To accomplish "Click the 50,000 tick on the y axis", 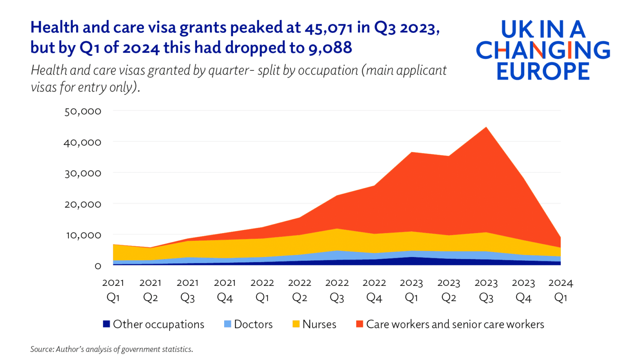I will pyautogui.click(x=82, y=111).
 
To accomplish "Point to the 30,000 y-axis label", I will pyautogui.click(x=82, y=173).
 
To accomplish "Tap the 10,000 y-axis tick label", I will pyautogui.click(x=82, y=235).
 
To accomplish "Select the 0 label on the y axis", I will pyautogui.click(x=97, y=266).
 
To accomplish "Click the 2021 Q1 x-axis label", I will pyautogui.click(x=113, y=290).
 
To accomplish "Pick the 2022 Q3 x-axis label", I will pyautogui.click(x=337, y=290).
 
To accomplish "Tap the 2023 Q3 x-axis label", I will pyautogui.click(x=486, y=290).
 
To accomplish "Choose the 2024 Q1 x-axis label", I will pyautogui.click(x=560, y=290).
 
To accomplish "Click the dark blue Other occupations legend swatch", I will pyautogui.click(x=106, y=324).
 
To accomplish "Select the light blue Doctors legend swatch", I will pyautogui.click(x=227, y=324).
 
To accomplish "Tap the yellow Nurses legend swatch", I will pyautogui.click(x=296, y=324).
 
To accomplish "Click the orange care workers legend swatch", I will pyautogui.click(x=360, y=324).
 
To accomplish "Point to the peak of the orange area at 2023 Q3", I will pyautogui.click(x=486, y=127).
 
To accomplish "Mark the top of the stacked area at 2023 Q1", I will pyautogui.click(x=411, y=152).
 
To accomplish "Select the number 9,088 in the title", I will pyautogui.click(x=330, y=47).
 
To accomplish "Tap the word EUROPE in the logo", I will pyautogui.click(x=543, y=71).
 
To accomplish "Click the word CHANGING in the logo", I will pyautogui.click(x=543, y=50).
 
